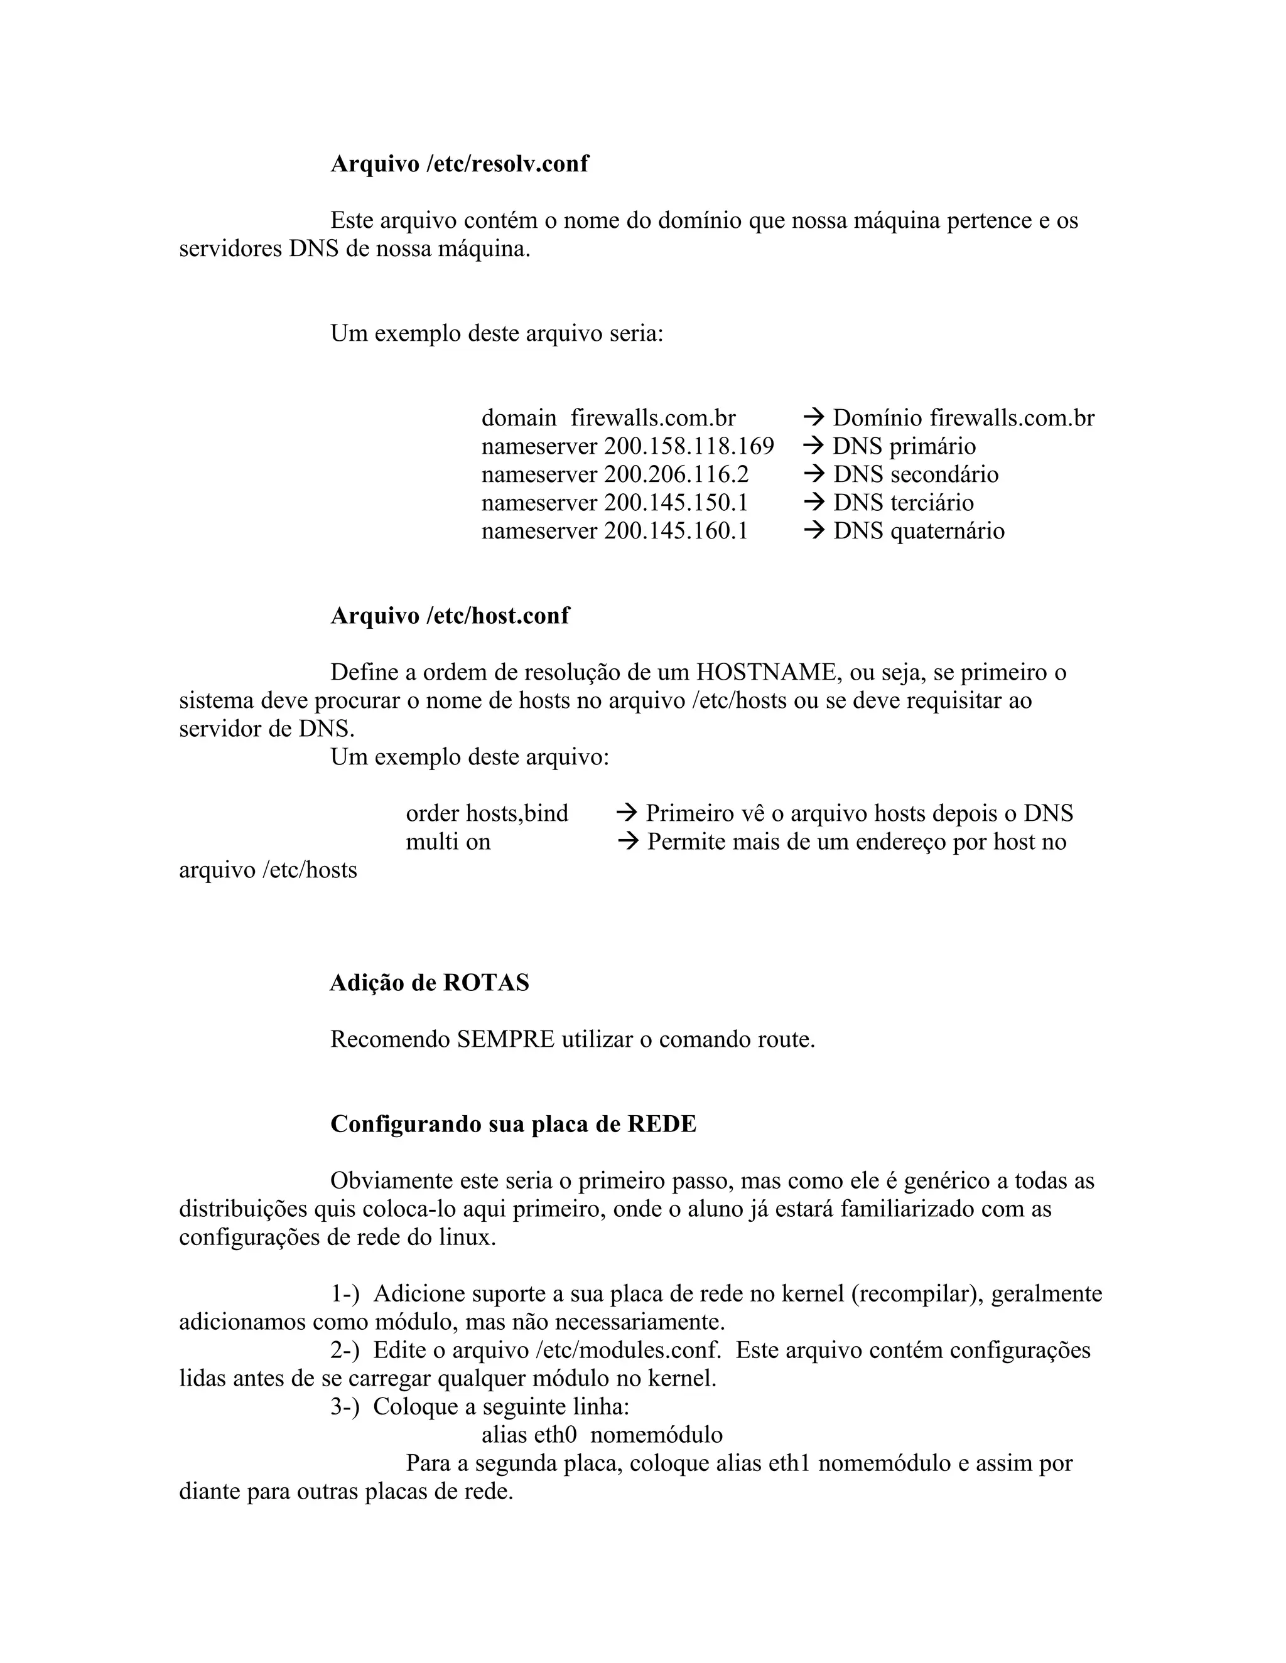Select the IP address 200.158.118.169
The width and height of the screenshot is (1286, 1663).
(689, 446)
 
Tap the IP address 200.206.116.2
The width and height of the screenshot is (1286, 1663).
(676, 474)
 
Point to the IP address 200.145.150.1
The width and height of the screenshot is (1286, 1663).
(676, 503)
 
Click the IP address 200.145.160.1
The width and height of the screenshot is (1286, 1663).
(676, 531)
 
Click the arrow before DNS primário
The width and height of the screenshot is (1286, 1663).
(814, 446)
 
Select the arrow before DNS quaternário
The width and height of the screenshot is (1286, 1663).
(814, 531)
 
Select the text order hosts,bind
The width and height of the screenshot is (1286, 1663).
(487, 813)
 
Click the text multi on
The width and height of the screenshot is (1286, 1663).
(448, 842)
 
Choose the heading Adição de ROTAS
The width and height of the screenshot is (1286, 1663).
(429, 983)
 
